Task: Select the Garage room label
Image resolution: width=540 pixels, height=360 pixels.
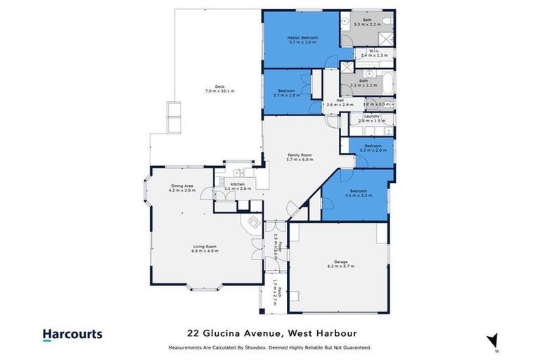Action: pyautogui.click(x=341, y=263)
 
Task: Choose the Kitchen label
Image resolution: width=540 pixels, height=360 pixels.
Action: pyautogui.click(x=237, y=184)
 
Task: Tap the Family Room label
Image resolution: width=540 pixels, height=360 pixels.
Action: pyautogui.click(x=299, y=155)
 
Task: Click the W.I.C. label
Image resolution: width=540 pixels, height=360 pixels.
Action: pyautogui.click(x=368, y=50)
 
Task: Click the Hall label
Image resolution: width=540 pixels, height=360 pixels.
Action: pyautogui.click(x=340, y=101)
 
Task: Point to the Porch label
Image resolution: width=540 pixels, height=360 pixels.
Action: pyautogui.click(x=279, y=290)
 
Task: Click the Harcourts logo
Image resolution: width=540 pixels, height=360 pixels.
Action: pyautogui.click(x=72, y=335)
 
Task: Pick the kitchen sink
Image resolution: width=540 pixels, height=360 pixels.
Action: pyautogui.click(x=239, y=172)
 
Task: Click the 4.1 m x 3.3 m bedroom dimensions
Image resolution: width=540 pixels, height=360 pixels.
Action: pyautogui.click(x=359, y=195)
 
